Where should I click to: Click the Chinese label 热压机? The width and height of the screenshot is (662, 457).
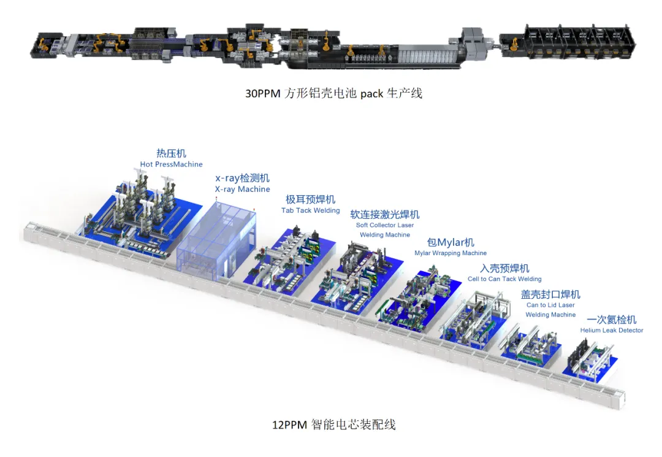tap(171, 153)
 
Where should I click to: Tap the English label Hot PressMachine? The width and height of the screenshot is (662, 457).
tap(171, 164)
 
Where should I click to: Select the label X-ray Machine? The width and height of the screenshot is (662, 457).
tap(242, 189)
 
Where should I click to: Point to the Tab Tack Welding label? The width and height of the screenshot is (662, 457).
tap(310, 210)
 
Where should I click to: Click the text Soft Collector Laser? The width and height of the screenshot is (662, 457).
tap(384, 225)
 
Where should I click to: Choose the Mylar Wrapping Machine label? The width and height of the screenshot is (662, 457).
tap(451, 253)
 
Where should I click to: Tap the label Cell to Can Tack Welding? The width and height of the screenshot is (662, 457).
tap(504, 278)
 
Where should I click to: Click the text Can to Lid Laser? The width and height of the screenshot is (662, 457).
tap(550, 305)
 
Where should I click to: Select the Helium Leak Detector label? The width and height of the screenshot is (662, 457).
tap(612, 330)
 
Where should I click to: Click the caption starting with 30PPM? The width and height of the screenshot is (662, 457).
tap(333, 93)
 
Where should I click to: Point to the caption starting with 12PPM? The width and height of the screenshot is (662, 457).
tap(333, 424)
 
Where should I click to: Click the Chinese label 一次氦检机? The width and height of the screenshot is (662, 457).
tap(611, 320)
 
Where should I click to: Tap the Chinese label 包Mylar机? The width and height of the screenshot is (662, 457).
tap(451, 242)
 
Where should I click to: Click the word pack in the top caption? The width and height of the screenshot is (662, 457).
tap(371, 94)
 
